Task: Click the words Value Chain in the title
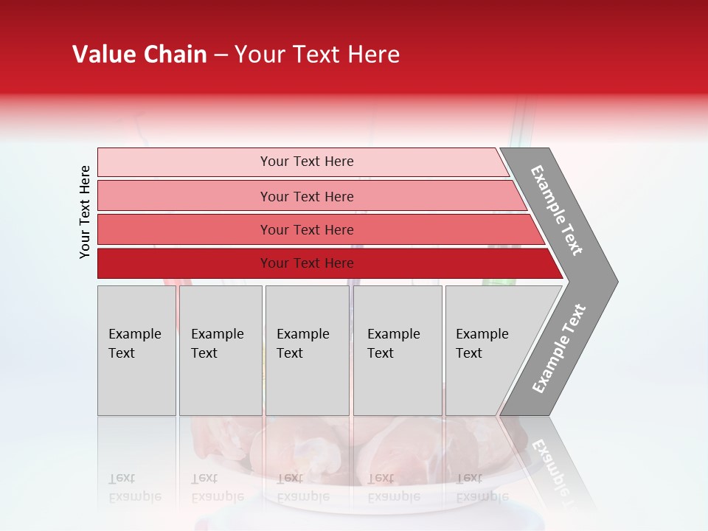pyautogui.click(x=139, y=55)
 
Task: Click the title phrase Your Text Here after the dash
pyautogui.click(x=317, y=55)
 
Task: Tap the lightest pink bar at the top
pyautogui.click(x=184, y=162)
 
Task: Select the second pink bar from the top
pyautogui.click(x=184, y=196)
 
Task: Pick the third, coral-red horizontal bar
pyautogui.click(x=184, y=229)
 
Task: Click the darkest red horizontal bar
pyautogui.click(x=184, y=263)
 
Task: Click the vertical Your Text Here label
pyautogui.click(x=85, y=212)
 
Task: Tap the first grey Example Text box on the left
pyautogui.click(x=136, y=350)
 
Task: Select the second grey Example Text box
pyautogui.click(x=220, y=350)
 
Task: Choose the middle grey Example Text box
pyautogui.click(x=307, y=350)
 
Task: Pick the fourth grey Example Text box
pyautogui.click(x=397, y=350)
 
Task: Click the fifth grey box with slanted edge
pyautogui.click(x=494, y=350)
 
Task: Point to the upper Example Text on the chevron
pyautogui.click(x=557, y=210)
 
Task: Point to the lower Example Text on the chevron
pyautogui.click(x=559, y=348)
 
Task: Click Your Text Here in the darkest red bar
pyautogui.click(x=307, y=263)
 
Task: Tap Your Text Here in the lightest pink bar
pyautogui.click(x=307, y=162)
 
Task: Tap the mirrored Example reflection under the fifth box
pyautogui.click(x=482, y=496)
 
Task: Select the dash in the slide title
pyautogui.click(x=221, y=55)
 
